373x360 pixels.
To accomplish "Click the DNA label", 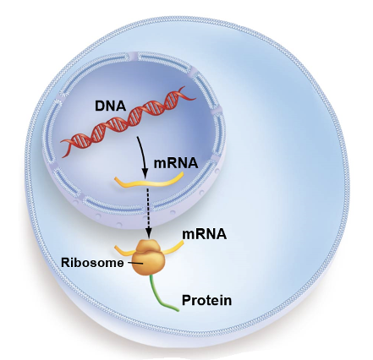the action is click(110, 106).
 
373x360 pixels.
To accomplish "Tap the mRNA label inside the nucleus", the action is click(176, 163).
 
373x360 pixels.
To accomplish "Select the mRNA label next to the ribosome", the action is click(205, 234).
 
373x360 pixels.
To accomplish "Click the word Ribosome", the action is click(92, 263).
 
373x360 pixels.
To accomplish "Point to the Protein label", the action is click(206, 300).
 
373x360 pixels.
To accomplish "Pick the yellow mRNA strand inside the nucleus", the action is click(149, 182).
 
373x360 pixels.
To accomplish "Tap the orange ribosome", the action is click(148, 257).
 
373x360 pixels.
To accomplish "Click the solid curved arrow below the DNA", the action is click(144, 158).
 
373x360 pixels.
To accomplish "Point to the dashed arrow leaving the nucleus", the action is click(147, 214).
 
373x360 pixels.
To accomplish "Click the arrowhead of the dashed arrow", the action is click(148, 234).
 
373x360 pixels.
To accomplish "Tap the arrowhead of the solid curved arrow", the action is click(145, 174).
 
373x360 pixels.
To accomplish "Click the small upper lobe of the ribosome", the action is click(148, 245).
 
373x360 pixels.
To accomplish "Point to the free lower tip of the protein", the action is click(178, 310).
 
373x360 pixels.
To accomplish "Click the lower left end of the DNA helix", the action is click(63, 155).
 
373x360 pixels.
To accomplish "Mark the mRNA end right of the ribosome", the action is click(183, 242).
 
